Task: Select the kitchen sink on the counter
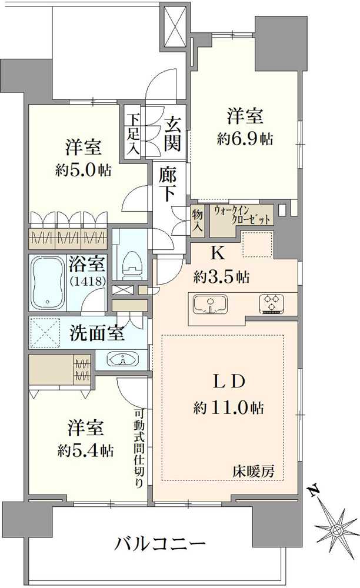pyautogui.click(x=211, y=304)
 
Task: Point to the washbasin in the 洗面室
pyautogui.click(x=122, y=359)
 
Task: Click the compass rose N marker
pyautogui.click(x=314, y=492)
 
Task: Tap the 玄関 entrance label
pyautogui.click(x=172, y=133)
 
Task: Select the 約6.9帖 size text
pyautogui.click(x=245, y=139)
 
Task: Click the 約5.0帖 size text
pyautogui.click(x=84, y=171)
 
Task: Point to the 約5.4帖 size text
pyautogui.click(x=85, y=450)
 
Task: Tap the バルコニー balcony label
pyautogui.click(x=160, y=543)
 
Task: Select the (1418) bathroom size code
pyautogui.click(x=86, y=281)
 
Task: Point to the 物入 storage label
pyautogui.click(x=197, y=220)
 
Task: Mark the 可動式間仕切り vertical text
pyautogui.click(x=139, y=448)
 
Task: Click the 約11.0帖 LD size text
pyautogui.click(x=228, y=407)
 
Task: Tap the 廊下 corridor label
pyautogui.click(x=167, y=183)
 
